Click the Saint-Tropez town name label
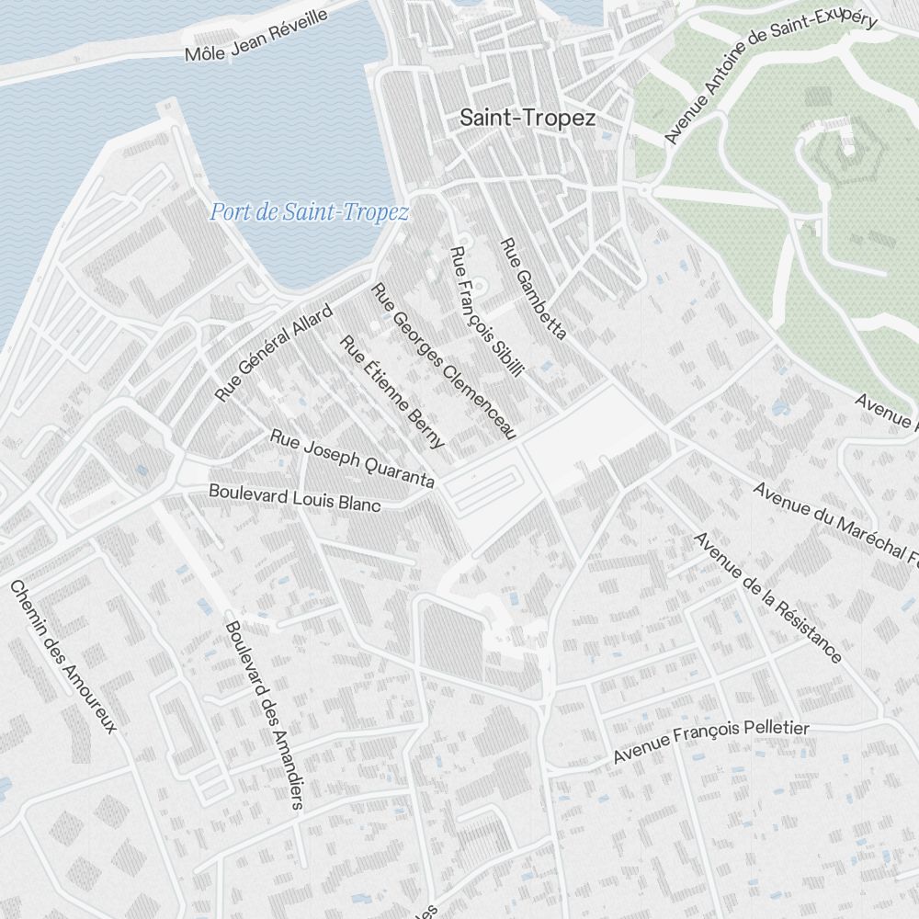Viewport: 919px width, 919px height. (528, 119)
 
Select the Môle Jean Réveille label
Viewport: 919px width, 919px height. (256, 35)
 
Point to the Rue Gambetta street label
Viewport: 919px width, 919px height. (532, 289)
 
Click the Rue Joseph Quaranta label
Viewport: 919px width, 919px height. (352, 458)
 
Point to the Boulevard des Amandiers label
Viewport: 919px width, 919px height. (264, 715)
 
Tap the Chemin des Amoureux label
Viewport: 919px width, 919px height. (63, 656)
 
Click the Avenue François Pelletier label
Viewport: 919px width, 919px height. (711, 742)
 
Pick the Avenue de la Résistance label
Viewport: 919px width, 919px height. (767, 597)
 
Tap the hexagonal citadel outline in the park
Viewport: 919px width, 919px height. (847, 158)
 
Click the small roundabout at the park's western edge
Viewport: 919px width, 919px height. (645, 189)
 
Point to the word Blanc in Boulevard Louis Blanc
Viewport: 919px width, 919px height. (358, 503)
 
